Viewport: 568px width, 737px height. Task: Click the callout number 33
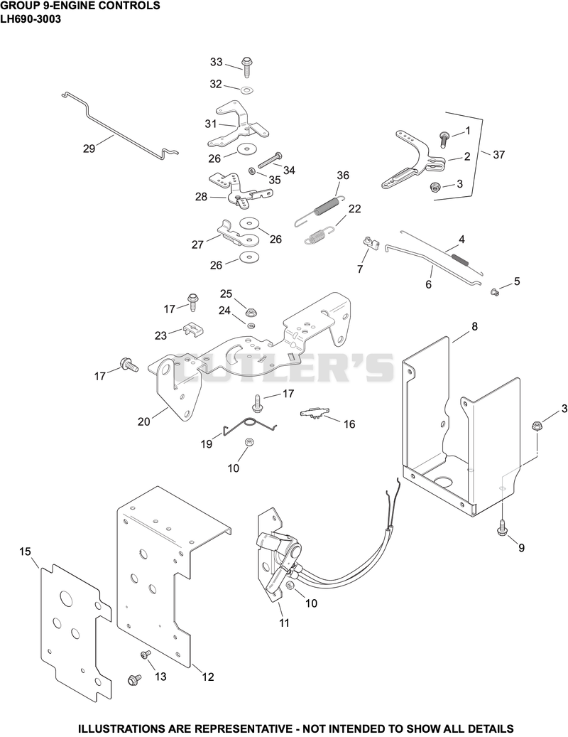[217, 62]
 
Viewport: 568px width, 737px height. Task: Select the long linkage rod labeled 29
[120, 124]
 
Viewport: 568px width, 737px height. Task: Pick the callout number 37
[498, 154]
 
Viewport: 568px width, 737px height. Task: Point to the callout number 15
[25, 551]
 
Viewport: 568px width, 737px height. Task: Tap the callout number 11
[284, 623]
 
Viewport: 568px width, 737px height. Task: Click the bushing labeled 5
[494, 292]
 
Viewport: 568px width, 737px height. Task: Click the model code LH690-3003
[31, 19]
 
